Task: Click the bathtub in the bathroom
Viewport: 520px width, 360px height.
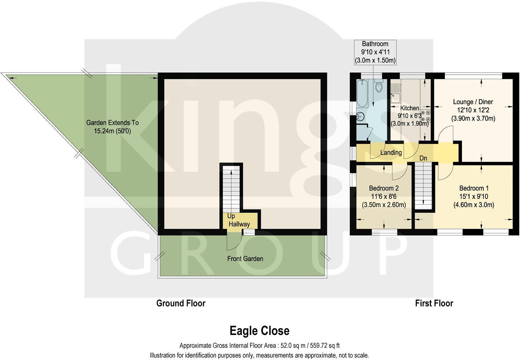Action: coord(362,93)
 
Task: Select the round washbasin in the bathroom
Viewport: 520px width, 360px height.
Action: coord(361,117)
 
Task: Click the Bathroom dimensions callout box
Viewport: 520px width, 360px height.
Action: coord(375,52)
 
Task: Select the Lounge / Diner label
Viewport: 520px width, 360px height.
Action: coord(473,102)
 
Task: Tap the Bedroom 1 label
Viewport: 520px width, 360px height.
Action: coord(474,188)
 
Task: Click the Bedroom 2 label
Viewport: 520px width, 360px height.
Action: coord(383,188)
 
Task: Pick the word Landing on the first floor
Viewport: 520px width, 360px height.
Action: coord(391,152)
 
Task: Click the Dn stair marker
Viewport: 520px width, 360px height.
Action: coord(423,158)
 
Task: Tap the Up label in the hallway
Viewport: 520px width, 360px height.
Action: coord(231,216)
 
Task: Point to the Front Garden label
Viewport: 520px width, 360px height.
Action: coord(245,259)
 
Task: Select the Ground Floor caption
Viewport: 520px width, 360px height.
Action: coord(180,303)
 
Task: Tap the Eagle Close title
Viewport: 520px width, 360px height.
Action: coord(259,331)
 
